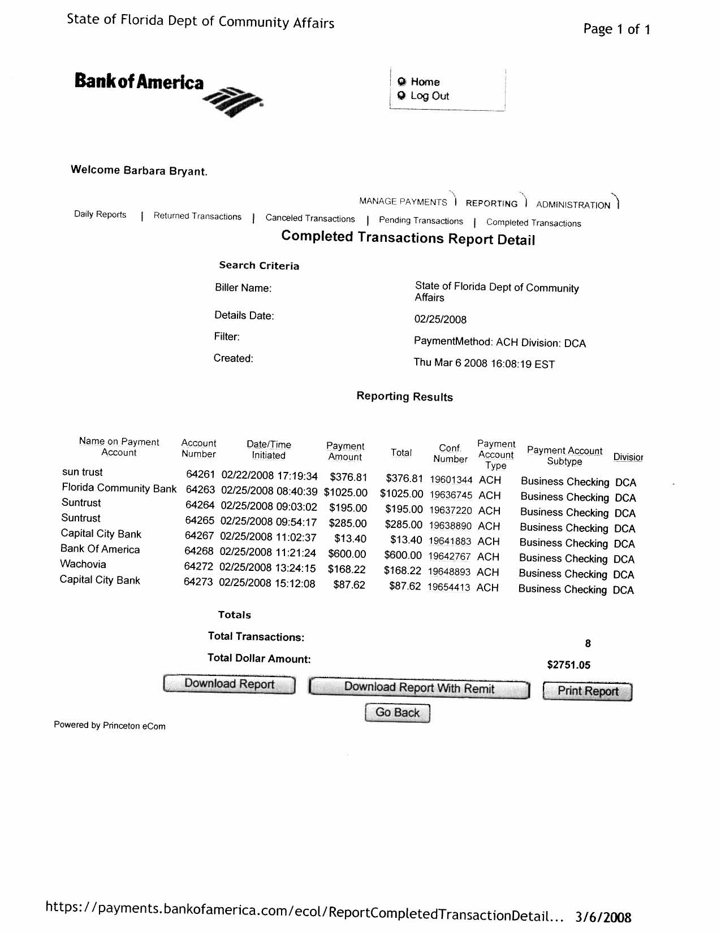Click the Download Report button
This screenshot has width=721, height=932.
tap(229, 684)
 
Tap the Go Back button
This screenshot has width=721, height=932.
tap(397, 713)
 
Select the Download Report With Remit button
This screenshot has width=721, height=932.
tap(419, 688)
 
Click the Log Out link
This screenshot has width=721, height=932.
tap(429, 96)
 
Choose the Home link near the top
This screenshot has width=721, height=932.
tap(425, 82)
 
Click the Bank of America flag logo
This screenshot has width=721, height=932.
tap(233, 101)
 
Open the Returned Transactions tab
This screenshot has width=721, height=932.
tap(197, 216)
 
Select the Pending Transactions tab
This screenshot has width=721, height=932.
tap(421, 221)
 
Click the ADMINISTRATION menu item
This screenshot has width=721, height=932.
tap(573, 205)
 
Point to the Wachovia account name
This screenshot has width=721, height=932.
tap(83, 564)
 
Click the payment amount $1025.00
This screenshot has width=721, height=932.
tap(346, 493)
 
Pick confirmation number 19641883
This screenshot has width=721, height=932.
tap(450, 541)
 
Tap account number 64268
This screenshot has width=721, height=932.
tap(199, 551)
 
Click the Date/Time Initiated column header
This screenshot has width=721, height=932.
tap(269, 450)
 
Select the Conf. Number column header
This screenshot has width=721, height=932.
tap(450, 453)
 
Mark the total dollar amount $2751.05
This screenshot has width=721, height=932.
tap(568, 665)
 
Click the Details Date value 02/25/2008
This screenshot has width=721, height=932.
tap(441, 319)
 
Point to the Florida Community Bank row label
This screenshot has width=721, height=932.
tap(119, 488)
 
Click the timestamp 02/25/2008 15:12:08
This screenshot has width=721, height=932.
tap(267, 583)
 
